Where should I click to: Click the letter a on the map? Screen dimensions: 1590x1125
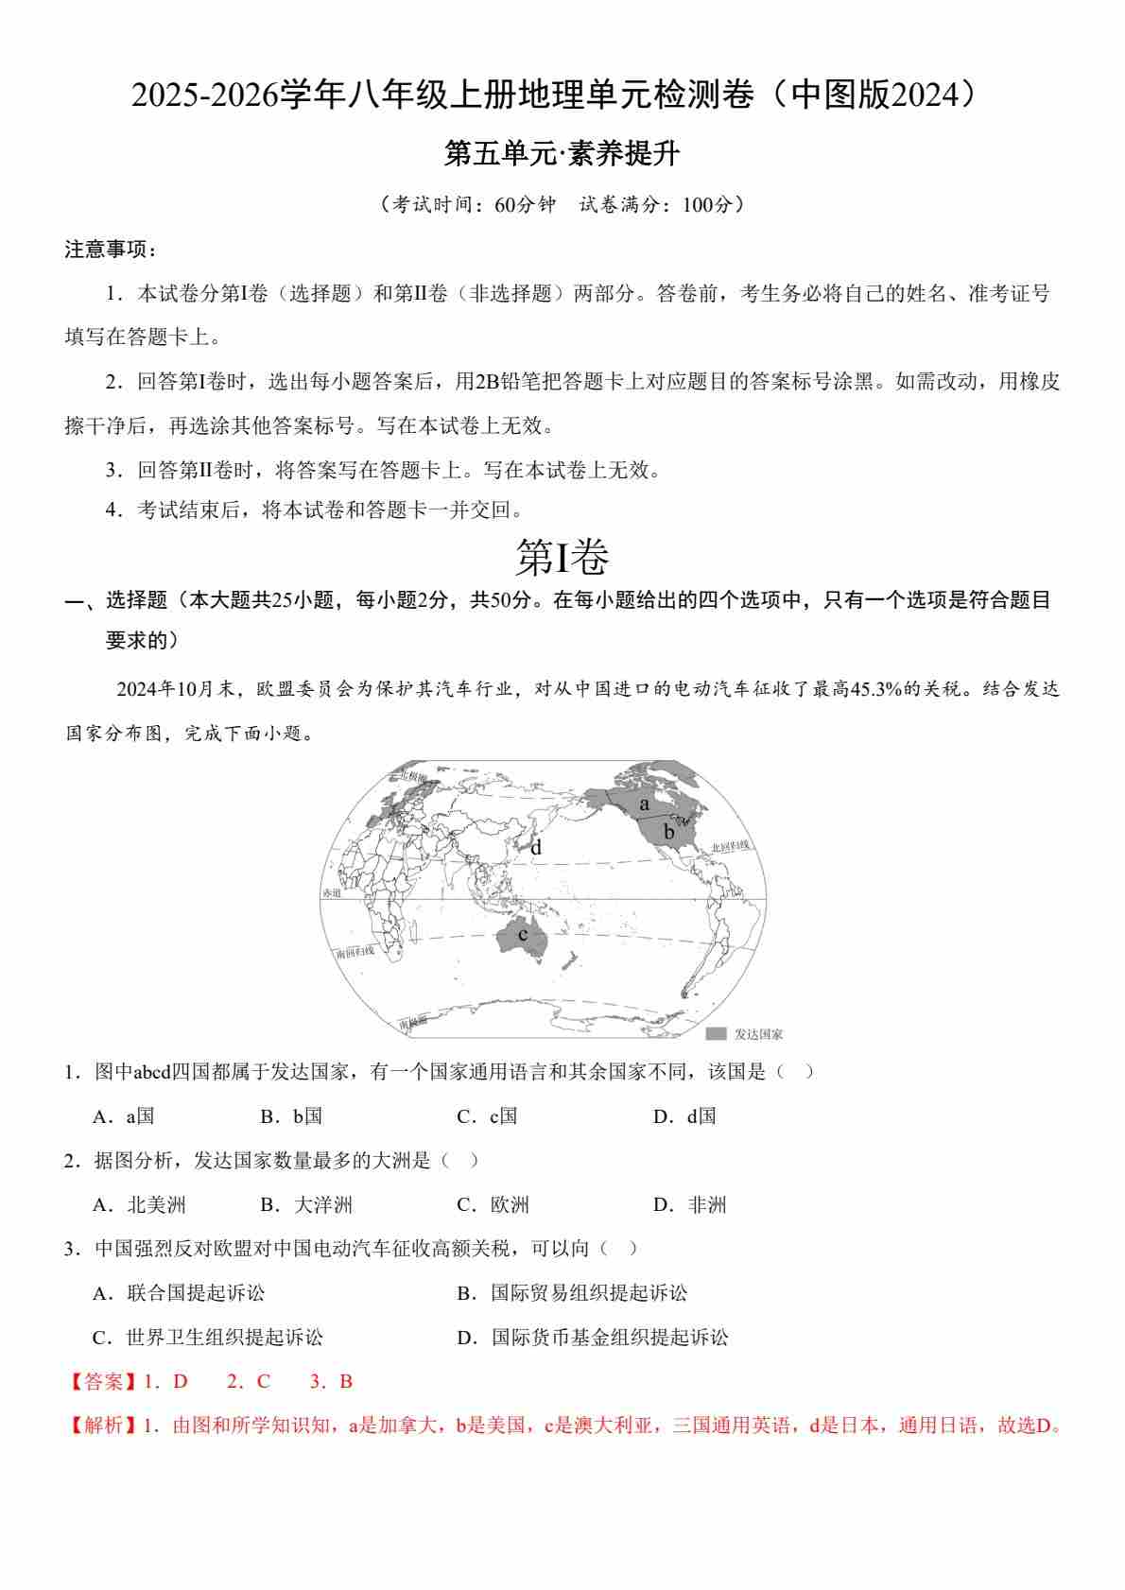(644, 804)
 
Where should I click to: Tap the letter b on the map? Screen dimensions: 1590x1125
(668, 832)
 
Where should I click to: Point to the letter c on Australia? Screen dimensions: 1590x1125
(522, 935)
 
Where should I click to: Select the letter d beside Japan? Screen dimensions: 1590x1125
(536, 848)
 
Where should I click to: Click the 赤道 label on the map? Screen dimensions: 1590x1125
(331, 892)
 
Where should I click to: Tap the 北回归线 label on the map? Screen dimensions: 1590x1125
(730, 846)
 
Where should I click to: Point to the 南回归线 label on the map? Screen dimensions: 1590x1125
(355, 951)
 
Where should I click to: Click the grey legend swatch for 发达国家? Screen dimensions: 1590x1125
(716, 1034)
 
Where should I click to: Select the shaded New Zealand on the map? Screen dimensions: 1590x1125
(569, 960)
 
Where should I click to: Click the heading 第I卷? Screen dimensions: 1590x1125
(562, 557)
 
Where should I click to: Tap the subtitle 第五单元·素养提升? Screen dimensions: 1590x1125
(562, 154)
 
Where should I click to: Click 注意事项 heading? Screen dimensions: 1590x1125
(110, 250)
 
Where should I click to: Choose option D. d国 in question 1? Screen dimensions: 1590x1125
(684, 1116)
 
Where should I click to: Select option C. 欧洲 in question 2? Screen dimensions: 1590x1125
(493, 1204)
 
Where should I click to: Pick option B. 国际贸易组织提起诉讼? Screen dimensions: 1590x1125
(572, 1292)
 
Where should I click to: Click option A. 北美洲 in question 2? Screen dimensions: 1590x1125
(139, 1204)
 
